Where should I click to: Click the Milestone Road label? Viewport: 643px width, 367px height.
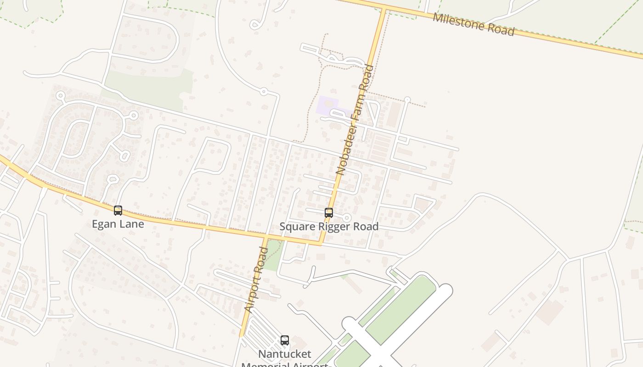(474, 25)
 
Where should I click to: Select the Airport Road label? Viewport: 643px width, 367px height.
(256, 280)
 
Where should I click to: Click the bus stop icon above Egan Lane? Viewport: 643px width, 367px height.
(118, 211)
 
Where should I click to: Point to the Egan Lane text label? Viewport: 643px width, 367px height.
(118, 224)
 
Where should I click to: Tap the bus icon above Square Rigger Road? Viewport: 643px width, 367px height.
(329, 213)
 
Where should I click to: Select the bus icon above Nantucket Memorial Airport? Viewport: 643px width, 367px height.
(285, 340)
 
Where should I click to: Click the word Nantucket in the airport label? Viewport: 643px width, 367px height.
(285, 354)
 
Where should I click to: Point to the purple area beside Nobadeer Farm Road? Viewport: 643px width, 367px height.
(327, 106)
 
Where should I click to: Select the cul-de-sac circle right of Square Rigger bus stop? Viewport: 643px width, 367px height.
(347, 217)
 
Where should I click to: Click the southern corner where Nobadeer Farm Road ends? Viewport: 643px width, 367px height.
(320, 244)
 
